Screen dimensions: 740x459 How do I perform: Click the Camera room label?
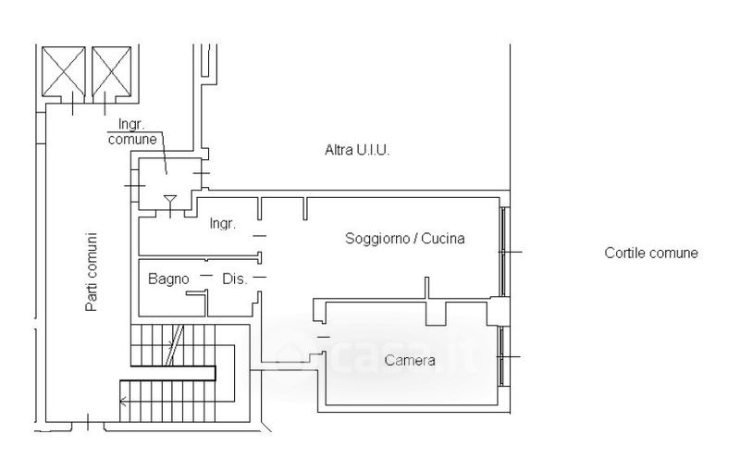click(410, 360)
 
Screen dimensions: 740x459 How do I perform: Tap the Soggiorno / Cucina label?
click(405, 238)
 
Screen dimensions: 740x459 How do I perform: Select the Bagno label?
click(168, 279)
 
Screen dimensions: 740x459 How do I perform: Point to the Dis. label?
click(235, 279)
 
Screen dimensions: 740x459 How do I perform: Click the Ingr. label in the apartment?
click(222, 223)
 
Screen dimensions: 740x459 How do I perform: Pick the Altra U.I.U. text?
click(357, 150)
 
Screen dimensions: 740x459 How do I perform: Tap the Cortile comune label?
click(651, 253)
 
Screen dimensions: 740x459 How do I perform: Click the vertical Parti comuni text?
click(91, 271)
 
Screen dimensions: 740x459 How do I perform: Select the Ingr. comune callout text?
click(132, 131)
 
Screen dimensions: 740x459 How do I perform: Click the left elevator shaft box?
click(64, 71)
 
